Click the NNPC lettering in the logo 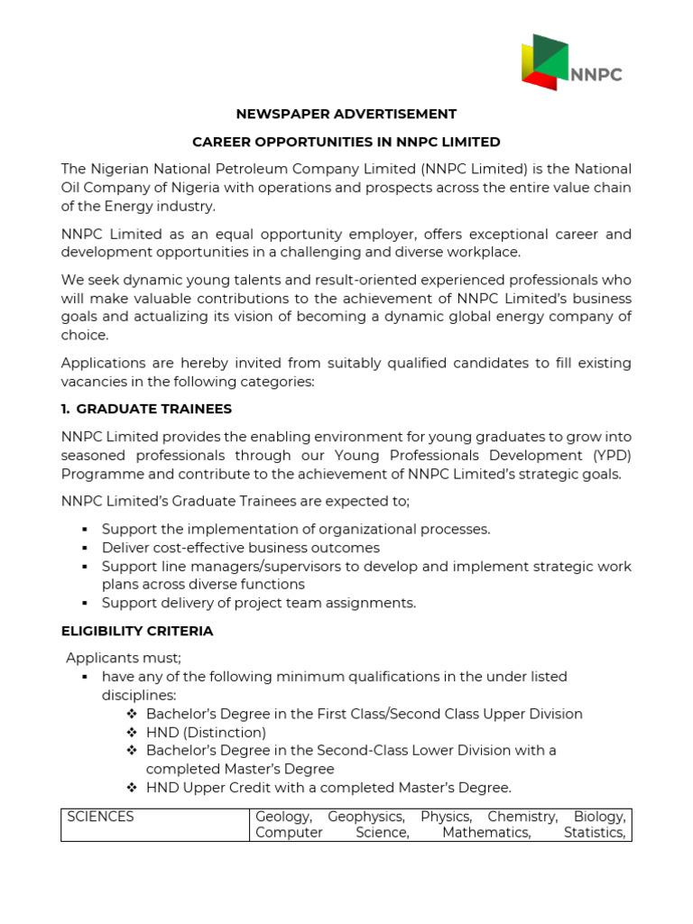click(x=596, y=75)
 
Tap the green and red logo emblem click(x=545, y=62)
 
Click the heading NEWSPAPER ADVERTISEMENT click(x=346, y=114)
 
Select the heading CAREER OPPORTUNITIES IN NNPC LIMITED click(x=346, y=142)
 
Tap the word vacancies click(x=92, y=381)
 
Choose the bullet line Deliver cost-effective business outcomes click(x=240, y=548)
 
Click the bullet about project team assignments click(x=258, y=603)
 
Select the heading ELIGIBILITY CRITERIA click(x=137, y=631)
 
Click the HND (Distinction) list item click(x=206, y=732)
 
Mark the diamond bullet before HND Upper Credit click(x=132, y=788)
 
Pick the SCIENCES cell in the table click(x=100, y=817)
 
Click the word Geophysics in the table click(x=365, y=817)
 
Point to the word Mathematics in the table click(x=485, y=832)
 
